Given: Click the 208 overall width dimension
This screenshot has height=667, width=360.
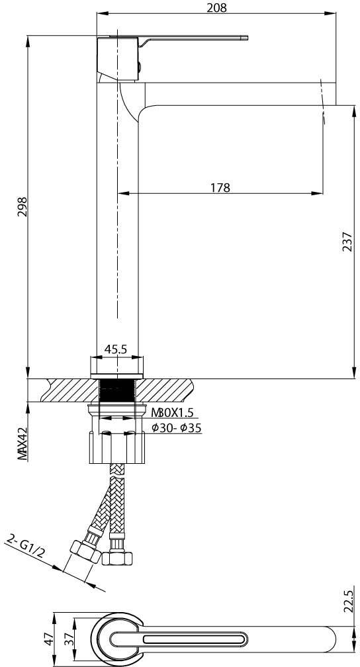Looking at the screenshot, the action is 216,7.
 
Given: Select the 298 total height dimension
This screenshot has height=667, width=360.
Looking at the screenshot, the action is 22,206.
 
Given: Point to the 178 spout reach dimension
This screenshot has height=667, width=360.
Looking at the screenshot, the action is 220,188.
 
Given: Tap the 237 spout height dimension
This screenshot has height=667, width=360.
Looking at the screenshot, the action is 347,242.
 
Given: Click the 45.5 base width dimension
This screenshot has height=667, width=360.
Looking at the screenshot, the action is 116,349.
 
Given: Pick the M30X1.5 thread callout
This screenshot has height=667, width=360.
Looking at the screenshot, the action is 173,413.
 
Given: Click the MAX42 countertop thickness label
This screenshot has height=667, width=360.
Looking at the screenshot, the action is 22,444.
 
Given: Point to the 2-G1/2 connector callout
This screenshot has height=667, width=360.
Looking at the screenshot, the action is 26,549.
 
